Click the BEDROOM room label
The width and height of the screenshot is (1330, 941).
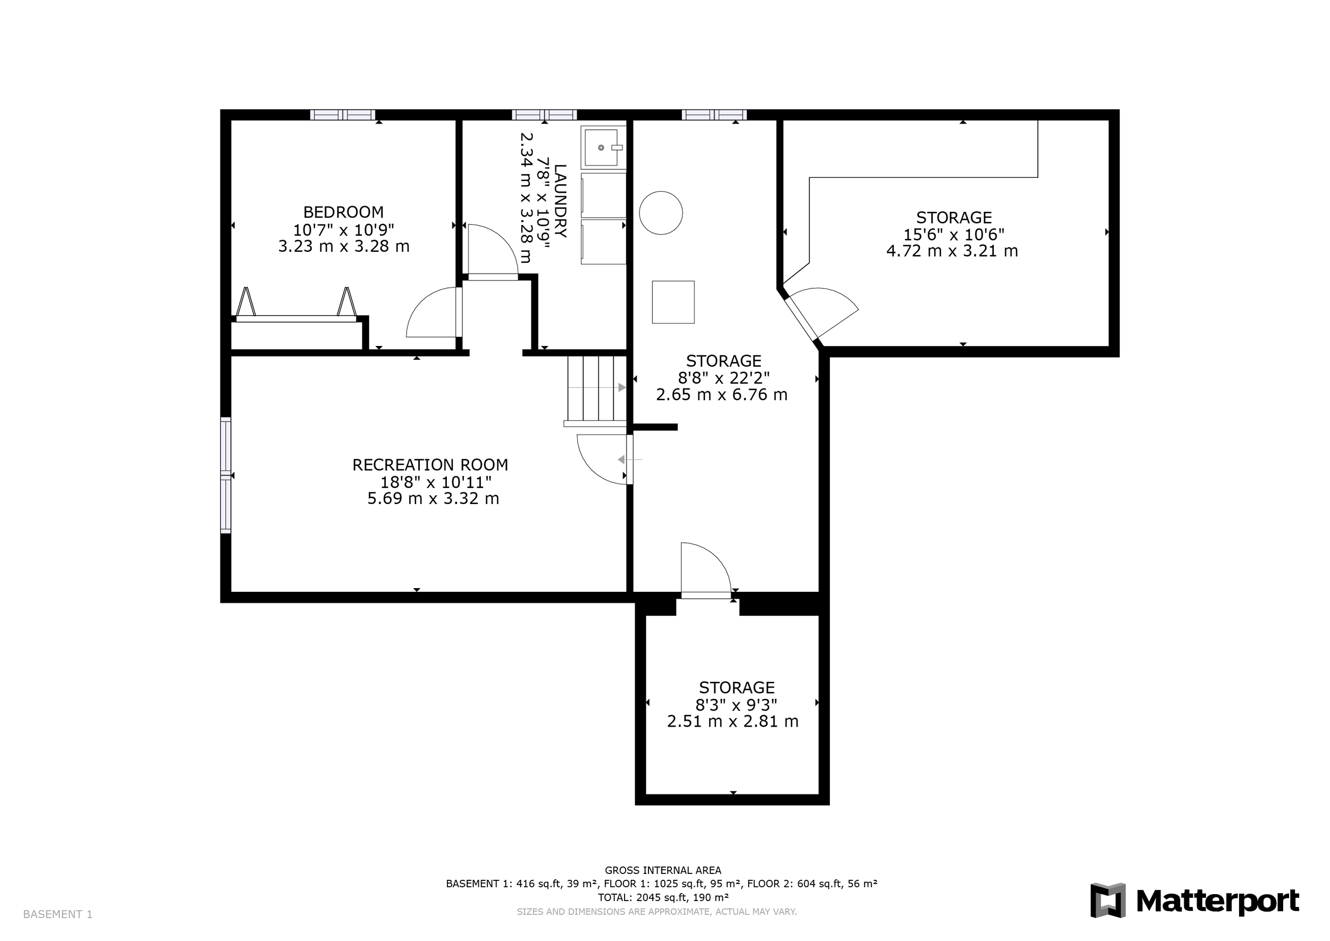[x=344, y=212]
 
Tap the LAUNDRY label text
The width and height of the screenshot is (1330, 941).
[x=560, y=201]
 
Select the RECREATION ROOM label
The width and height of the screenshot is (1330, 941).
[x=430, y=465]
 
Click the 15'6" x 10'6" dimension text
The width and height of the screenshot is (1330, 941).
[x=954, y=235]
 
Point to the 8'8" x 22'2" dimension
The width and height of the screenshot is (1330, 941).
[x=724, y=378]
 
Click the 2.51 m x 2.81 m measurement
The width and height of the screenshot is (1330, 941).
[x=733, y=721]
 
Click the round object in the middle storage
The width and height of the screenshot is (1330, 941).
[x=661, y=213]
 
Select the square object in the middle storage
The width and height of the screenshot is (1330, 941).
[x=673, y=302]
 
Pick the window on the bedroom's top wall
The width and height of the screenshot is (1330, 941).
[x=343, y=115]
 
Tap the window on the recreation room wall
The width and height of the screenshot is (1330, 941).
[x=226, y=475]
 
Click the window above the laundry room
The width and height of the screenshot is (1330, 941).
[x=544, y=115]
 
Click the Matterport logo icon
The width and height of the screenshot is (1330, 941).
[x=1108, y=900]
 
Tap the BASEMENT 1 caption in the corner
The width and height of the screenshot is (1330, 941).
[x=57, y=914]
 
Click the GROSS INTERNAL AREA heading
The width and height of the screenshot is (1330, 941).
[x=663, y=870]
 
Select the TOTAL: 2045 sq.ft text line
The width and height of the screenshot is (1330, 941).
[x=663, y=897]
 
